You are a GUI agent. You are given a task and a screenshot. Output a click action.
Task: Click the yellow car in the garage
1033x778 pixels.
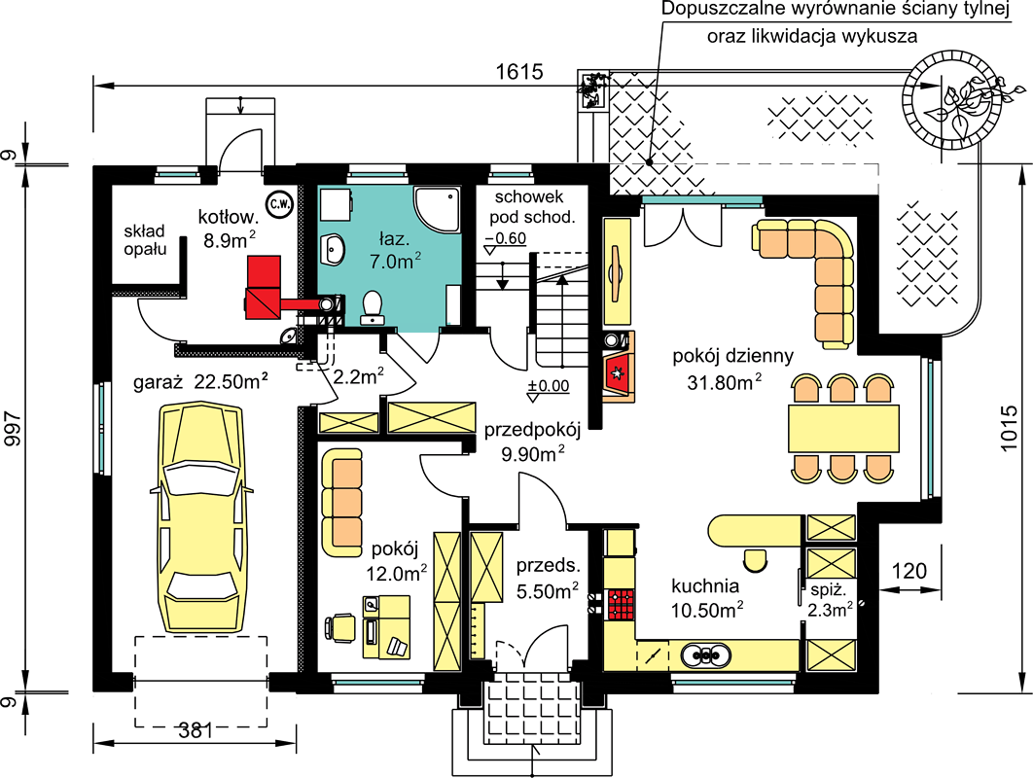click(201, 518)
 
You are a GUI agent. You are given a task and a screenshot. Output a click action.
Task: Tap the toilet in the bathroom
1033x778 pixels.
click(373, 307)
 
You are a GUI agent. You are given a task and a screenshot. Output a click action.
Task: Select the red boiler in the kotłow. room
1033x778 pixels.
click(264, 288)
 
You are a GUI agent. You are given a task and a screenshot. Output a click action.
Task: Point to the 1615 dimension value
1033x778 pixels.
click(519, 71)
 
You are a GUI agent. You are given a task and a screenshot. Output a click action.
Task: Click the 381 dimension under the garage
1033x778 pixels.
click(196, 730)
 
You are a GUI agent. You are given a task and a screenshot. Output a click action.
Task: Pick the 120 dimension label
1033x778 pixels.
click(909, 571)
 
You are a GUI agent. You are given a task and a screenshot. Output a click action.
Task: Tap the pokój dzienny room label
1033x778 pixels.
click(732, 356)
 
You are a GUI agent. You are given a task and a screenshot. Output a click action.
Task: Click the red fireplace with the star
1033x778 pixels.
click(619, 373)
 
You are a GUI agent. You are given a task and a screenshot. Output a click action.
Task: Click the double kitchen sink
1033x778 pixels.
click(705, 655)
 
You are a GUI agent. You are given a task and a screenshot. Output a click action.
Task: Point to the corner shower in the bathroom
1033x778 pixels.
click(436, 208)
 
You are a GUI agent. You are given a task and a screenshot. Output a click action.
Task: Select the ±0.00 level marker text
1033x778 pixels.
click(549, 385)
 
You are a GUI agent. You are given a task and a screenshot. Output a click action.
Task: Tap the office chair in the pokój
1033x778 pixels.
click(339, 627)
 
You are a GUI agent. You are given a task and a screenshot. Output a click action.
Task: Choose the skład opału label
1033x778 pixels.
click(145, 240)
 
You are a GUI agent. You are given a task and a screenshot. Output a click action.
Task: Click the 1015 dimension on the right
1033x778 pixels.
click(1008, 428)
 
